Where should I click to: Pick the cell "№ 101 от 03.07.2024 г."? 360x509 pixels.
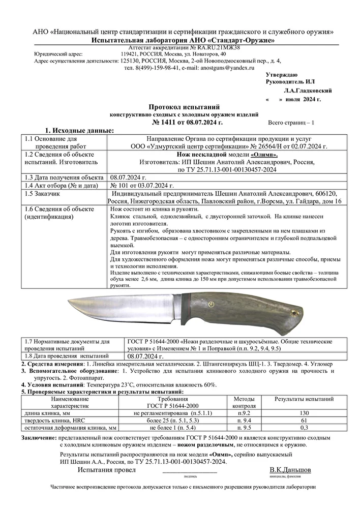(139, 185)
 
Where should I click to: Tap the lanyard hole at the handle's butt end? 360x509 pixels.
(294, 310)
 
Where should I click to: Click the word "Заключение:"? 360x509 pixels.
(39, 437)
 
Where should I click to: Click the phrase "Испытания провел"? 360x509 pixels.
(106, 470)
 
